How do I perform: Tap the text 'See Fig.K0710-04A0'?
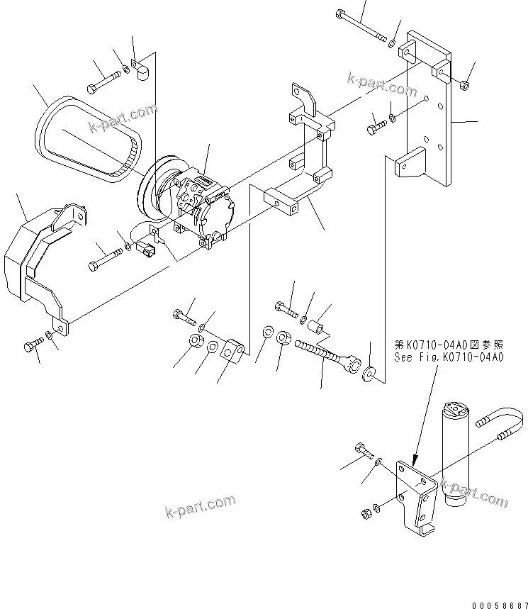(449, 357)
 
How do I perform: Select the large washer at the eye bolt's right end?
(369, 373)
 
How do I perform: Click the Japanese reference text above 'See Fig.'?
(449, 345)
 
